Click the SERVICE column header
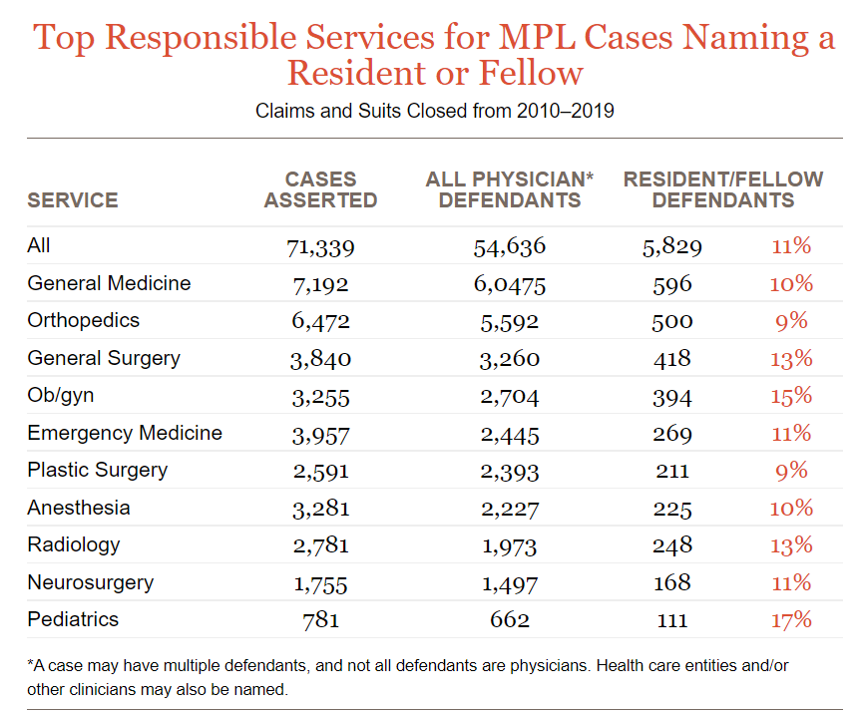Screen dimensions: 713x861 72,199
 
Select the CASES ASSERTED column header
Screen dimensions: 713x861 320,189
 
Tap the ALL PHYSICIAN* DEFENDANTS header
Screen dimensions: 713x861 509,189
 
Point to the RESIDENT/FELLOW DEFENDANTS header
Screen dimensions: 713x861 723,189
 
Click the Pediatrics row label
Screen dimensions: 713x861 73,619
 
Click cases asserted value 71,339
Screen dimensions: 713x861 320,247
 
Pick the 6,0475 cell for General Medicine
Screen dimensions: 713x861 509,284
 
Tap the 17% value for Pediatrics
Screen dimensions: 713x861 791,620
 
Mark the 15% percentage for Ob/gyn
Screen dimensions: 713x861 791,396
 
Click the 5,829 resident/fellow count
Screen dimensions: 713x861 672,247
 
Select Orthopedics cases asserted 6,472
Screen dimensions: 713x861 320,322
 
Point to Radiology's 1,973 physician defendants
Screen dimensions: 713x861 509,546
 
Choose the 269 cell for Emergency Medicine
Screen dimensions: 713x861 672,434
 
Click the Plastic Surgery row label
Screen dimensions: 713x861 97,470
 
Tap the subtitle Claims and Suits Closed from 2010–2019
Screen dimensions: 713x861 434,110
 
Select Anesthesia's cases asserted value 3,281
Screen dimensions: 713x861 320,509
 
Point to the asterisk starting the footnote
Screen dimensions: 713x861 31,663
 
